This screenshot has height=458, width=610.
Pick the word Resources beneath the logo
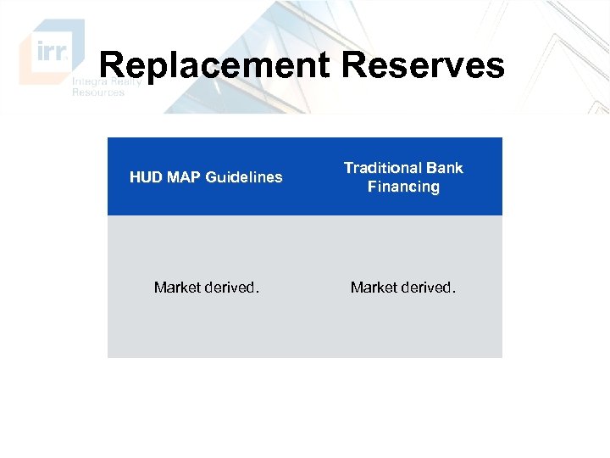[x=97, y=92]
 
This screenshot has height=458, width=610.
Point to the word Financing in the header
[x=403, y=187]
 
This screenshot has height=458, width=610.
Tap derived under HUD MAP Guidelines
[x=230, y=288]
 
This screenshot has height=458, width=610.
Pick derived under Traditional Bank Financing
[x=427, y=288]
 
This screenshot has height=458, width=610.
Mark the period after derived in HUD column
[x=258, y=292]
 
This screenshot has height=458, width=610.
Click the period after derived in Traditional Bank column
[x=454, y=292]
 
